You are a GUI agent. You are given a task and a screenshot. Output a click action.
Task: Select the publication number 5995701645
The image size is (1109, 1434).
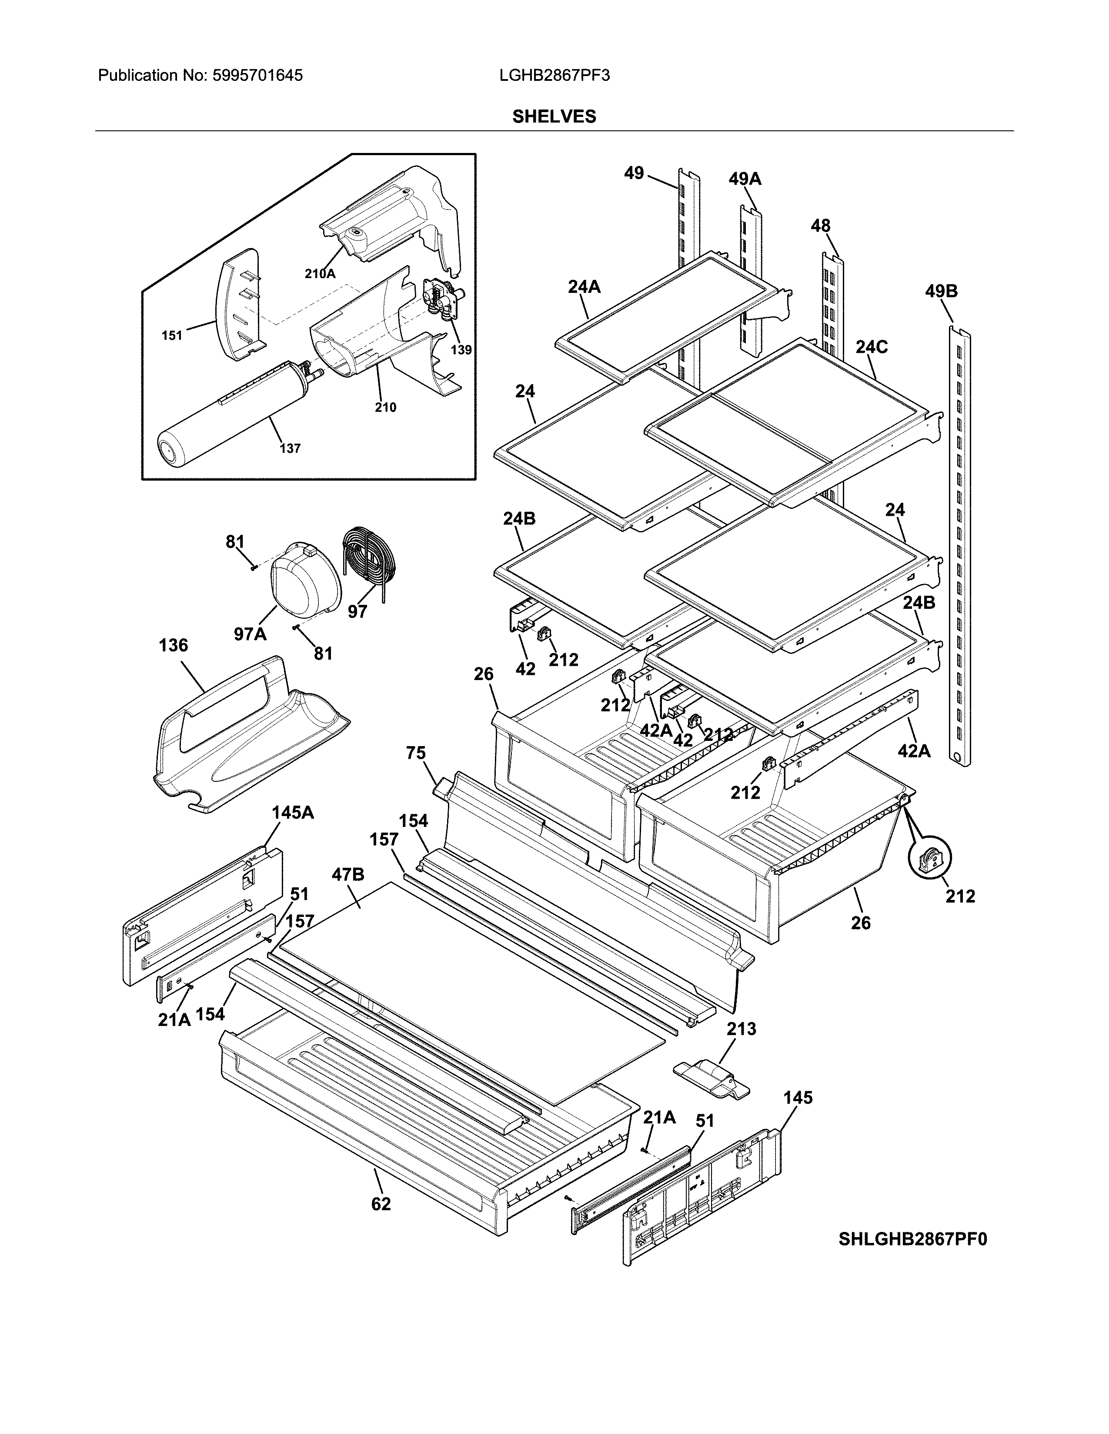(257, 76)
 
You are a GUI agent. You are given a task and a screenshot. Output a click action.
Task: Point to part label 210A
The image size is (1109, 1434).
(320, 274)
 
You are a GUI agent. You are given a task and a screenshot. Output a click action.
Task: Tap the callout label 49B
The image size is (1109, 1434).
(941, 291)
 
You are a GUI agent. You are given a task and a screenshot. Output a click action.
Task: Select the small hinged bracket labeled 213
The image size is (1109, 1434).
(711, 1080)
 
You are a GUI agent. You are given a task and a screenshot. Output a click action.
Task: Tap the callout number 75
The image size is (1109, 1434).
(415, 753)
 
